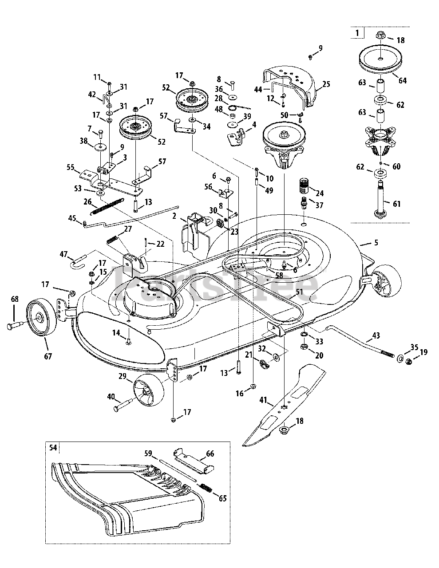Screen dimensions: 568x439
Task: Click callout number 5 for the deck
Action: [376, 242]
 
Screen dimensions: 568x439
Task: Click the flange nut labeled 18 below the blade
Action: [285, 430]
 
